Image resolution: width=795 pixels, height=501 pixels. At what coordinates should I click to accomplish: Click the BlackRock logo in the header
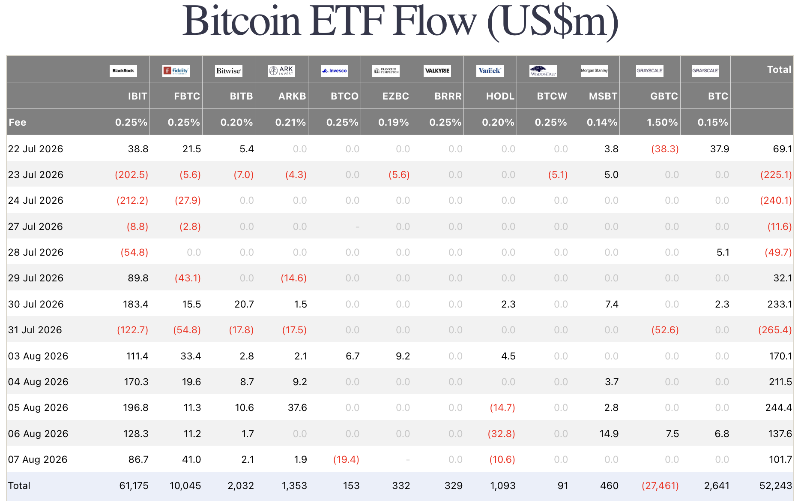point(123,71)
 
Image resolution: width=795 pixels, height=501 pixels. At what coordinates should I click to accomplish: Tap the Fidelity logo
point(176,71)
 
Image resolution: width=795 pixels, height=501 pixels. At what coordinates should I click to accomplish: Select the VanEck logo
point(490,71)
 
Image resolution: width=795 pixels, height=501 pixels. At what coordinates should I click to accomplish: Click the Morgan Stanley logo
point(594,71)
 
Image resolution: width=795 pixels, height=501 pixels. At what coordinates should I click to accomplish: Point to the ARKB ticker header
point(292,96)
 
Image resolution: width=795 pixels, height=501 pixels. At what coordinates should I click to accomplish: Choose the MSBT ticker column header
point(603,96)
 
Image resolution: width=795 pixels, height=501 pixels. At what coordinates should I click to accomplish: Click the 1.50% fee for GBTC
point(662,122)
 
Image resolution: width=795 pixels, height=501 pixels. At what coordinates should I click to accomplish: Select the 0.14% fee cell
point(602,122)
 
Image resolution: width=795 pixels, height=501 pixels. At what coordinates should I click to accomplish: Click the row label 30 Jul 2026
point(36,304)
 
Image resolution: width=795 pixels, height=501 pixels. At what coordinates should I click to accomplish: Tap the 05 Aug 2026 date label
point(38,407)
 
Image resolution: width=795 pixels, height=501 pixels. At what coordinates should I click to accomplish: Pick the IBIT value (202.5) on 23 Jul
point(132,175)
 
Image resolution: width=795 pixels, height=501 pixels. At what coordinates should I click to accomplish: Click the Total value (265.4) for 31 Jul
point(775,330)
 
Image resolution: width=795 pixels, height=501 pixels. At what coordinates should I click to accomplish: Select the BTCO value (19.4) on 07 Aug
point(346,459)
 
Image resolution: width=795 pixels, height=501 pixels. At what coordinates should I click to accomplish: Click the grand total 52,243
point(776,486)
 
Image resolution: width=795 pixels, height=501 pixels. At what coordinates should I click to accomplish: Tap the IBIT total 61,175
point(134,486)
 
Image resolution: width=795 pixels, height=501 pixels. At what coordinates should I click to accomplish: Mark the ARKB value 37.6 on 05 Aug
point(297,407)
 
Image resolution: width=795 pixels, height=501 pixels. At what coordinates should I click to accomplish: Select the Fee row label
point(18,122)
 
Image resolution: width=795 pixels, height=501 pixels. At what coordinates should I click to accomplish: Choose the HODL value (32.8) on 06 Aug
point(502,434)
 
